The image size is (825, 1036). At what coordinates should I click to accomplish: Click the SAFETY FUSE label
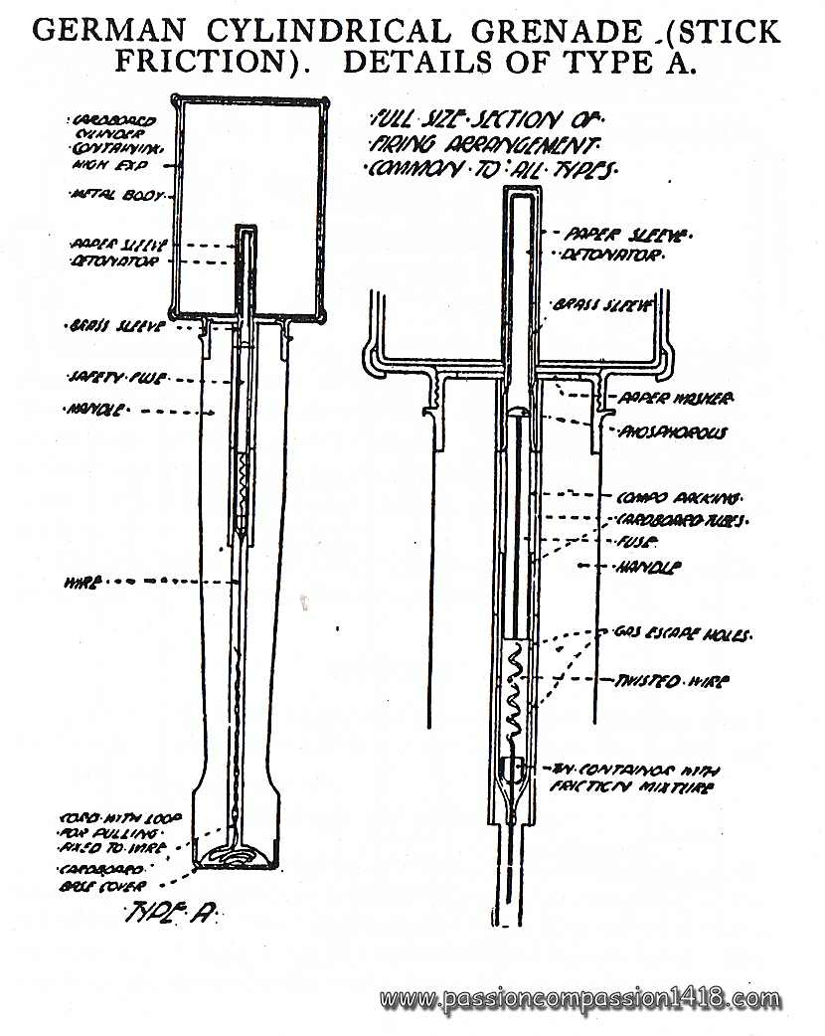(x=101, y=378)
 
